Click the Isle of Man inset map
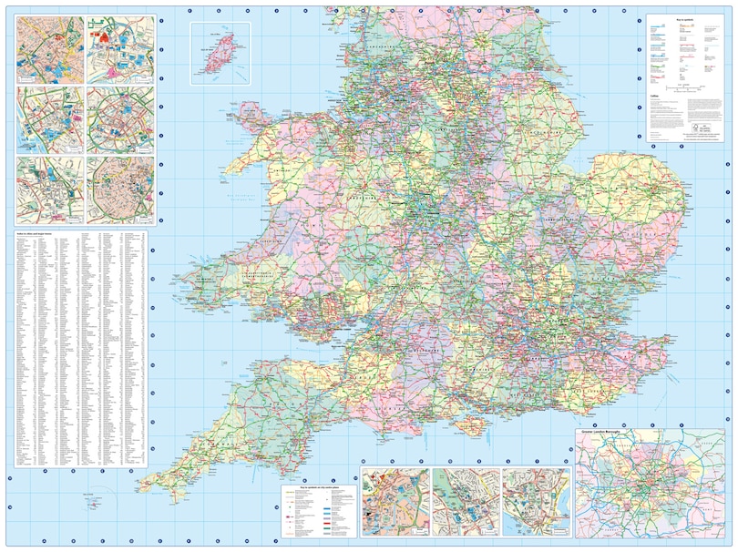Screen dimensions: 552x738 220,53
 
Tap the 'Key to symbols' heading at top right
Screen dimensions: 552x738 684,16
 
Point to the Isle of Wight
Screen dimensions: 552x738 473,421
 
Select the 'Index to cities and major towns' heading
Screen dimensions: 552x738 36,232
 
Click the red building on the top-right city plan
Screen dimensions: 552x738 104,37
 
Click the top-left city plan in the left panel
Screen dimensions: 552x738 50,47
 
